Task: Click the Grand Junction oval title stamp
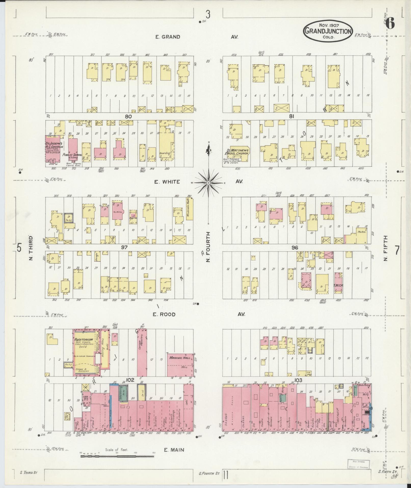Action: point(328,31)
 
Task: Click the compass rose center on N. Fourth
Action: point(208,183)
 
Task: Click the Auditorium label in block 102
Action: point(83,340)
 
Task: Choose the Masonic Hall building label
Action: point(178,358)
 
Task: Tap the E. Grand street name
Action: point(168,37)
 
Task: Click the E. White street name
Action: point(167,182)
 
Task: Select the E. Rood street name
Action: point(164,315)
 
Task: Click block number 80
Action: point(128,116)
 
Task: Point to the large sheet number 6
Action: point(390,24)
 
